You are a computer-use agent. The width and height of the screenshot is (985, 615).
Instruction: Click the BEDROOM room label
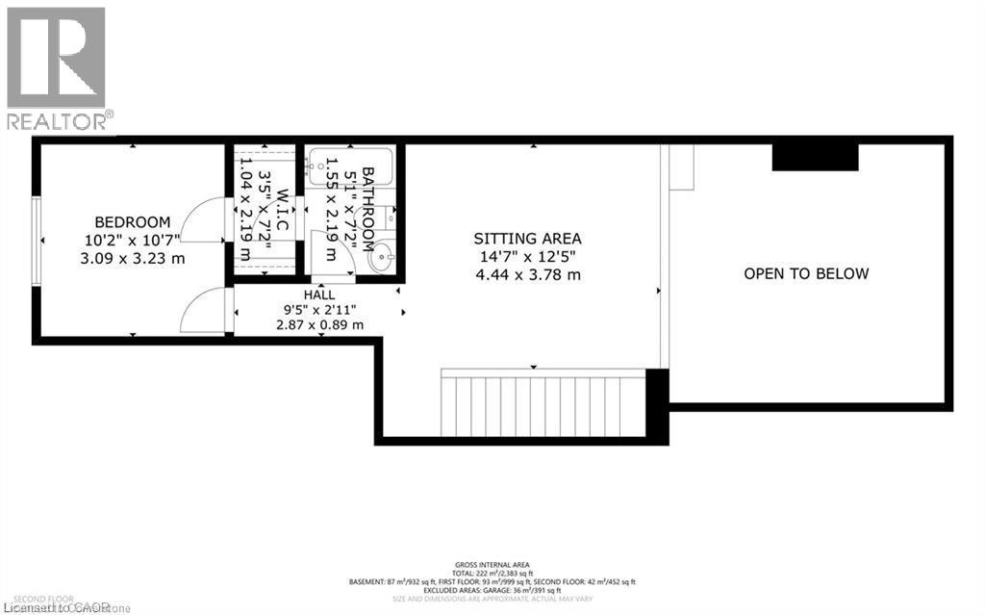click(x=133, y=221)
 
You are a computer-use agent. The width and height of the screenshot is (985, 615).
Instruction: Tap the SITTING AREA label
click(x=527, y=238)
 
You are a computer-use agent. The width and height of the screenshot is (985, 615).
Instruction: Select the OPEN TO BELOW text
click(x=806, y=273)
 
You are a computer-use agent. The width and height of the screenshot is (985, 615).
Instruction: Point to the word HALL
click(x=319, y=293)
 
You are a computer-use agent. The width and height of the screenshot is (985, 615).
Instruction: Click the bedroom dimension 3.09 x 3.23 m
click(x=133, y=258)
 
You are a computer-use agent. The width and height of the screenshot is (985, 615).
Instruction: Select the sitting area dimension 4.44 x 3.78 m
click(x=527, y=274)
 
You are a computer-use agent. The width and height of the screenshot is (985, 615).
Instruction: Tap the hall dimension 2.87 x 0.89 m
click(x=319, y=324)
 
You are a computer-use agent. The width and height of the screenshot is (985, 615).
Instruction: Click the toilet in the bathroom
click(x=387, y=219)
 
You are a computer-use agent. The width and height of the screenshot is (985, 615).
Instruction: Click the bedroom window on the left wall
click(x=36, y=241)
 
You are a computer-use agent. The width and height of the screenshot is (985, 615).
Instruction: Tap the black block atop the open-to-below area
click(x=816, y=156)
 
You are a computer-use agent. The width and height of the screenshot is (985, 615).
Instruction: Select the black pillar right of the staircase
click(x=657, y=404)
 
